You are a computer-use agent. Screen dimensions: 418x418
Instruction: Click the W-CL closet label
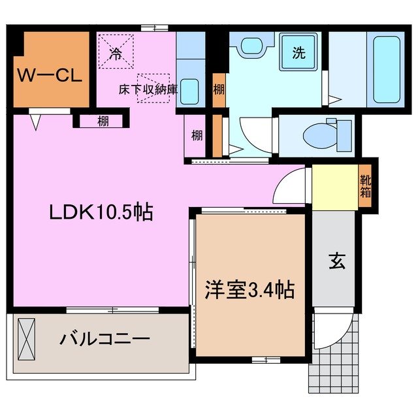pos(49,75)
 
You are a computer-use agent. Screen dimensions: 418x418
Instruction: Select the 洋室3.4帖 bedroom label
pos(250,288)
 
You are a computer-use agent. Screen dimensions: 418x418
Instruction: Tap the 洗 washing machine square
pos(298,54)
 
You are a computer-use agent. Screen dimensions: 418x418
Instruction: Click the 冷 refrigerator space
pos(116,52)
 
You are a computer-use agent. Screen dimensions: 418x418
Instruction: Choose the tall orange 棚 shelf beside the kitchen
pos(217,89)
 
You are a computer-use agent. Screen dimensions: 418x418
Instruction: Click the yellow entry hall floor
pos(334,187)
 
